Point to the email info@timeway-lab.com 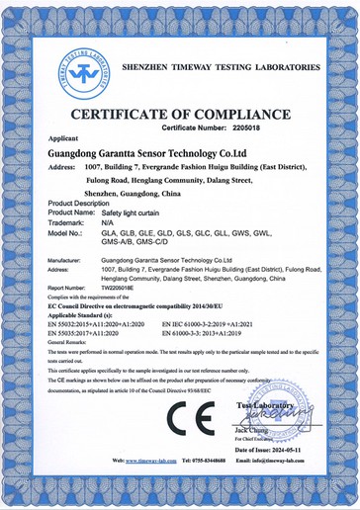(309, 488)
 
